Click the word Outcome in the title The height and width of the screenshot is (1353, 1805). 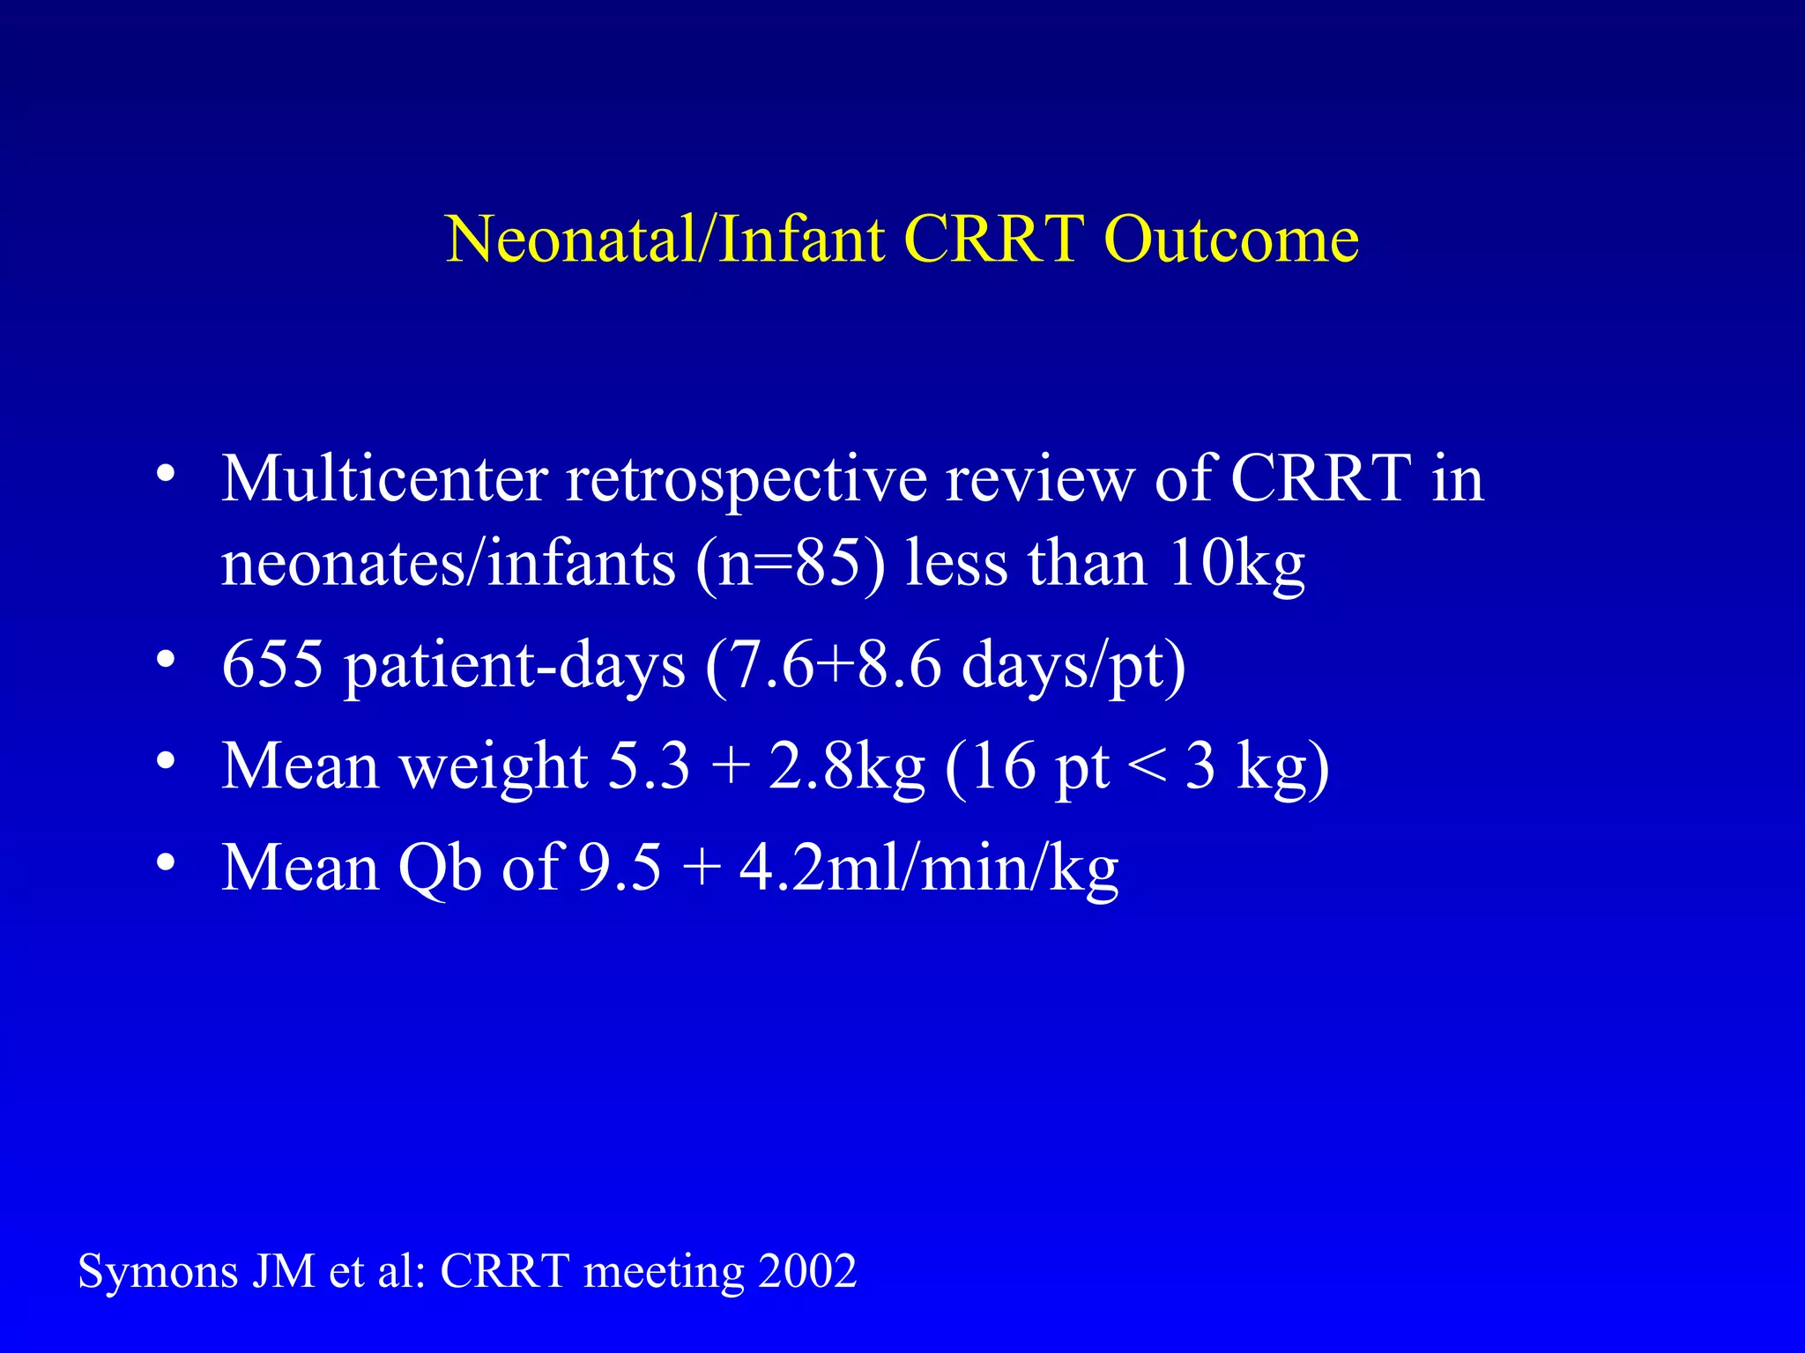coord(1230,239)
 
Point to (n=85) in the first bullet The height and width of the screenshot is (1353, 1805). coord(790,564)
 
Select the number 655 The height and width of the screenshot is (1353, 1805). coord(272,664)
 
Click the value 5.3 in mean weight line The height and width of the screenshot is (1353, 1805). coord(649,765)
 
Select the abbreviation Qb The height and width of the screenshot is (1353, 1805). coord(439,869)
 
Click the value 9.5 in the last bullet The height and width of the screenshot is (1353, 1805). coord(619,868)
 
